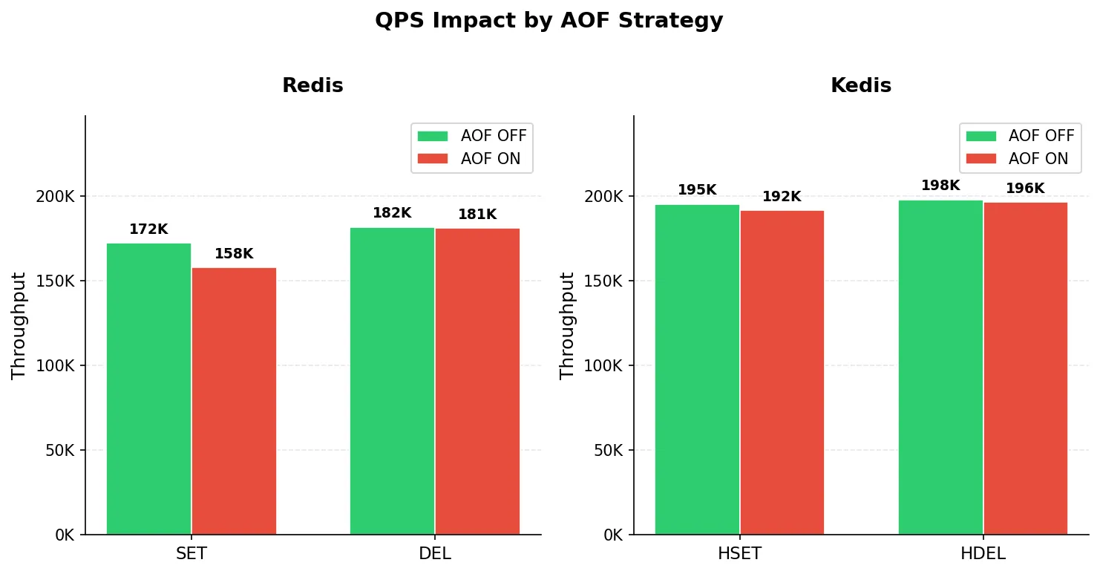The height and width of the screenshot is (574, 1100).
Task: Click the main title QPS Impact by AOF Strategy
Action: [549, 21]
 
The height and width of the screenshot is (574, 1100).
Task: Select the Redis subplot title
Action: [312, 85]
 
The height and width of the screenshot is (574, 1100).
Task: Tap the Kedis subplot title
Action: [861, 85]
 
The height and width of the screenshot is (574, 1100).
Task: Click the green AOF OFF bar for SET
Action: [148, 388]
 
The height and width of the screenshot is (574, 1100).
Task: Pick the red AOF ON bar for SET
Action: [235, 401]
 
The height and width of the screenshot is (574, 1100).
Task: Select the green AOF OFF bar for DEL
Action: [393, 381]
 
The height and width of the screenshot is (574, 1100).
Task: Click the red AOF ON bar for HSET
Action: [782, 373]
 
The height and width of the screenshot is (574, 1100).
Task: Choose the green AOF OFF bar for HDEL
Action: [941, 367]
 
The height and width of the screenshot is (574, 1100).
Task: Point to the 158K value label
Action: [235, 253]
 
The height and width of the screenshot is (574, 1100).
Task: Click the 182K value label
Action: [393, 213]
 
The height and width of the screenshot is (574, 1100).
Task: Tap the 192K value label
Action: [782, 197]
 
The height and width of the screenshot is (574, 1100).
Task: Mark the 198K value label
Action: [941, 186]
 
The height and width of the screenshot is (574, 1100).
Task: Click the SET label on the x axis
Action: [191, 553]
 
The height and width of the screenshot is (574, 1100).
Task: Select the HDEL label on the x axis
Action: [983, 553]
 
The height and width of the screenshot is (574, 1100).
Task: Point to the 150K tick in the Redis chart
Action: [55, 281]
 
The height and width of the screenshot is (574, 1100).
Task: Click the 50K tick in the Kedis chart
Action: [609, 450]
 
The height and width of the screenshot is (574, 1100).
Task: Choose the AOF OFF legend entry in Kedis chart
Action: [1020, 136]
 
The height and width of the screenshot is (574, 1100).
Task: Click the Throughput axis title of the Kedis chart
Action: [566, 325]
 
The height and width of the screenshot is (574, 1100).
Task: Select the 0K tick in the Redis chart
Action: [65, 535]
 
